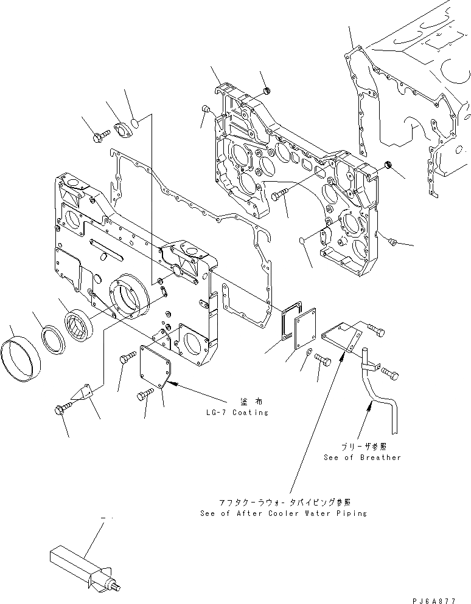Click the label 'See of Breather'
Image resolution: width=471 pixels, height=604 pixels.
(363, 457)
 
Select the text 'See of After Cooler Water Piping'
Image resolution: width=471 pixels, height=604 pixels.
(283, 513)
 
